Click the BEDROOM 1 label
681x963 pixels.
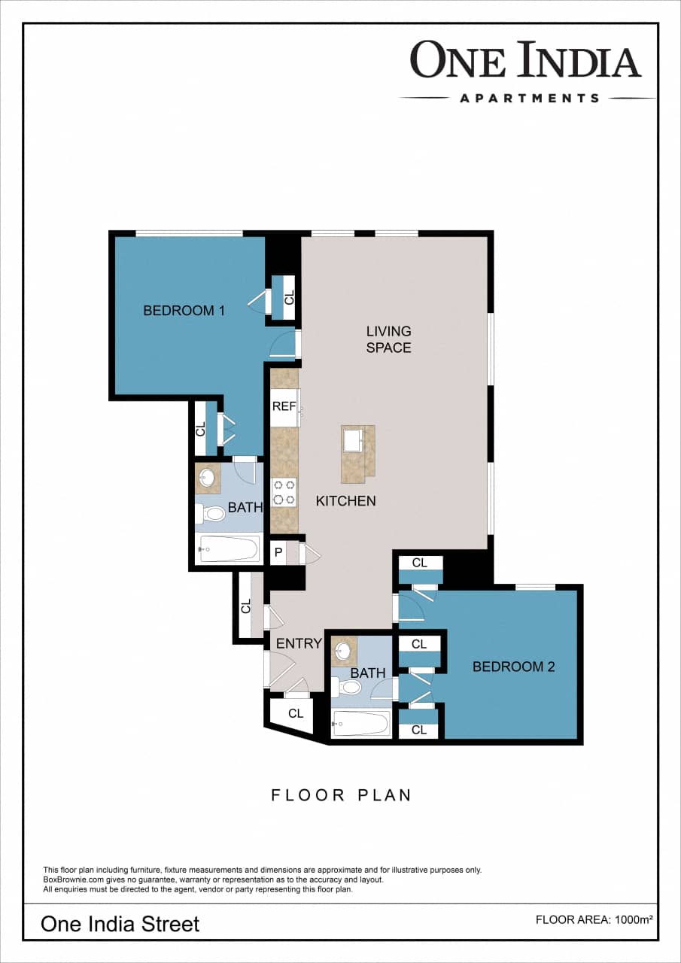(184, 310)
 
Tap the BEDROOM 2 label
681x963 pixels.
(513, 667)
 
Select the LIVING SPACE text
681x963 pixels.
(388, 339)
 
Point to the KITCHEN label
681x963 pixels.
(345, 501)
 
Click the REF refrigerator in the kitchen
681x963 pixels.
(284, 406)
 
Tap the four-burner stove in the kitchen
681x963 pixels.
(284, 493)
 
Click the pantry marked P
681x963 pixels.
(278, 553)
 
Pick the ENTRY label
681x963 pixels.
(299, 644)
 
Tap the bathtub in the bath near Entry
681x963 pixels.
(361, 725)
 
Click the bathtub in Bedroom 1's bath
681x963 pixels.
(229, 549)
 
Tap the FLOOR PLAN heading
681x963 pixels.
(341, 795)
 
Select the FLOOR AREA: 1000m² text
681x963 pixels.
(594, 919)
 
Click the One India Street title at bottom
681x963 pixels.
(120, 923)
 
